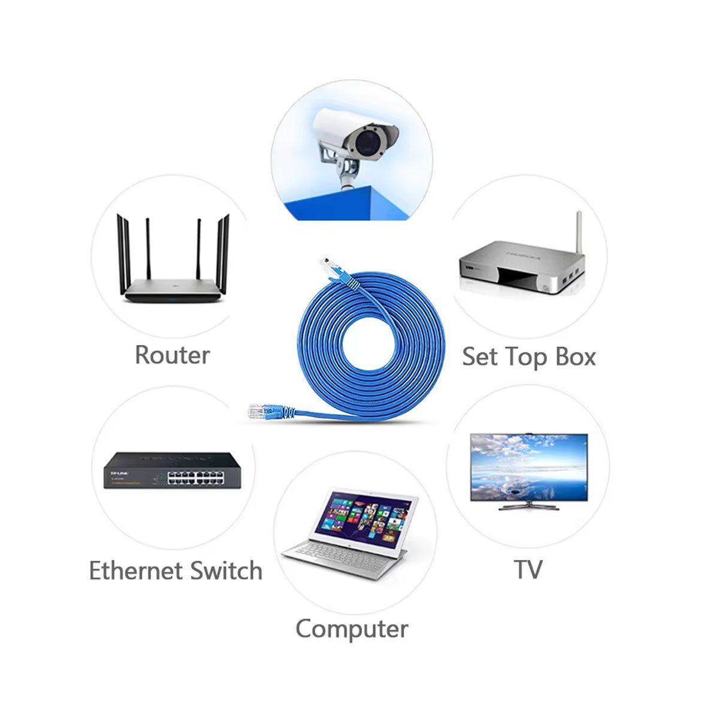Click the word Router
click(x=172, y=354)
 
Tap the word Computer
click(x=352, y=629)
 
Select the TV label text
click(x=528, y=569)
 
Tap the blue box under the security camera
click(x=354, y=204)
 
